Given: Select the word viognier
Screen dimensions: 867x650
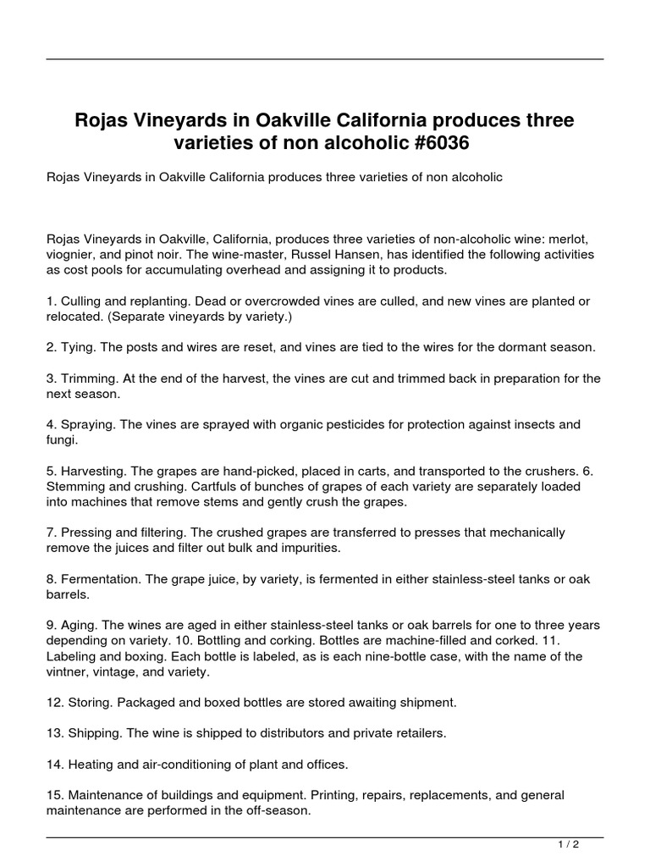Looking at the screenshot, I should [x=70, y=254].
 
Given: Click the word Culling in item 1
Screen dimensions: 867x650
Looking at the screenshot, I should [x=82, y=301].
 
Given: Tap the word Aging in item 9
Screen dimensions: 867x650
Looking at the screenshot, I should [x=80, y=625].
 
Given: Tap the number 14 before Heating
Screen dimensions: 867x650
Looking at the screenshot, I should [x=52, y=764].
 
